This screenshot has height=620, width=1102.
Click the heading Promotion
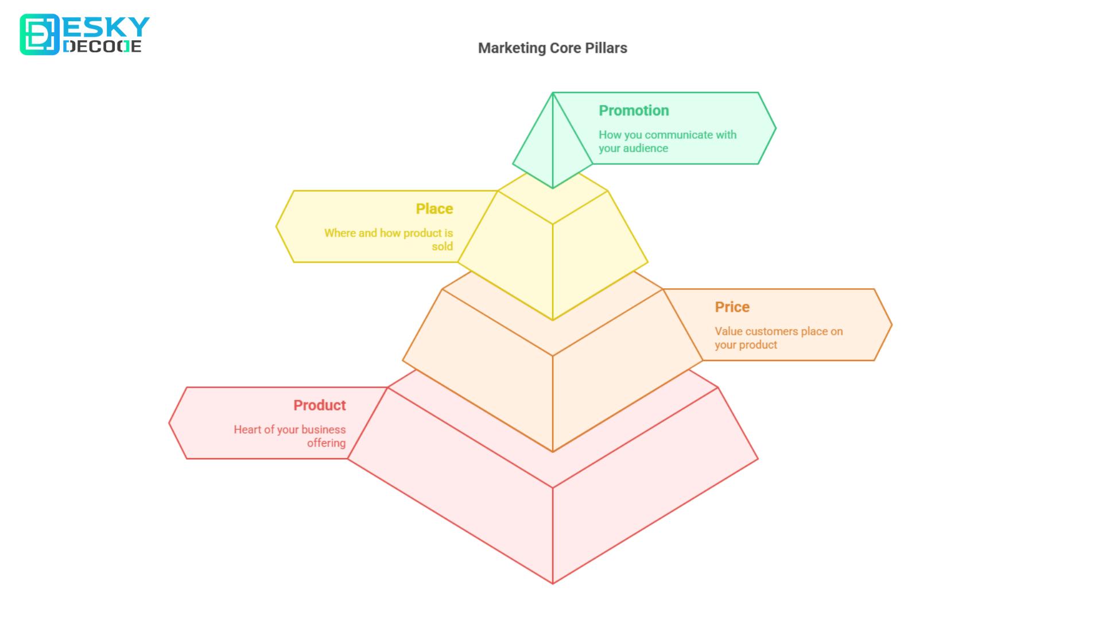pyautogui.click(x=634, y=110)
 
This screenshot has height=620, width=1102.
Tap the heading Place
pyautogui.click(x=434, y=208)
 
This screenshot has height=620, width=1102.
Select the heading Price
pyautogui.click(x=732, y=307)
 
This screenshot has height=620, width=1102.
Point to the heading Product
pyautogui.click(x=320, y=405)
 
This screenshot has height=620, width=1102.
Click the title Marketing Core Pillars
pyautogui.click(x=552, y=48)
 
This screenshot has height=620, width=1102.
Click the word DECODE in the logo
pyautogui.click(x=102, y=46)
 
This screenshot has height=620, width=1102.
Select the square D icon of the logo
pyautogui.click(x=39, y=34)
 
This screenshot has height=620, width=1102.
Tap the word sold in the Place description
pyautogui.click(x=442, y=246)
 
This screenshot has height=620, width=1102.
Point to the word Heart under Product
pyautogui.click(x=247, y=429)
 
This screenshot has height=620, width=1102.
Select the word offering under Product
pyautogui.click(x=326, y=443)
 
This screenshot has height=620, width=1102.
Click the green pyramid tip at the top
pyautogui.click(x=552, y=144)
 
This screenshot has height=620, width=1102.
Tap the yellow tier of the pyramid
pyautogui.click(x=552, y=253)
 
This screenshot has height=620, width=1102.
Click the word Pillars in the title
pyautogui.click(x=606, y=48)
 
